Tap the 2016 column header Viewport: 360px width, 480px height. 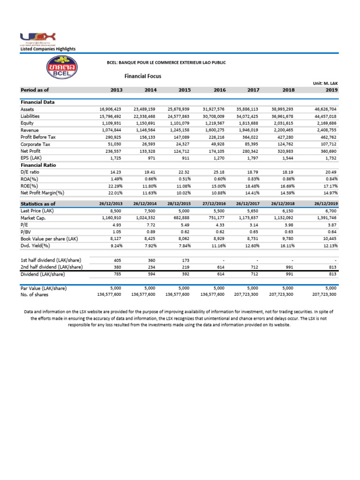[x=219, y=90]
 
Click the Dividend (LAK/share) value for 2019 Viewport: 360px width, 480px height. [x=331, y=274]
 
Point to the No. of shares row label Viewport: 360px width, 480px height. [x=34, y=295]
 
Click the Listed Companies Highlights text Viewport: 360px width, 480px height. [x=47, y=49]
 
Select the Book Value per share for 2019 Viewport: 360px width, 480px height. [x=329, y=239]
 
